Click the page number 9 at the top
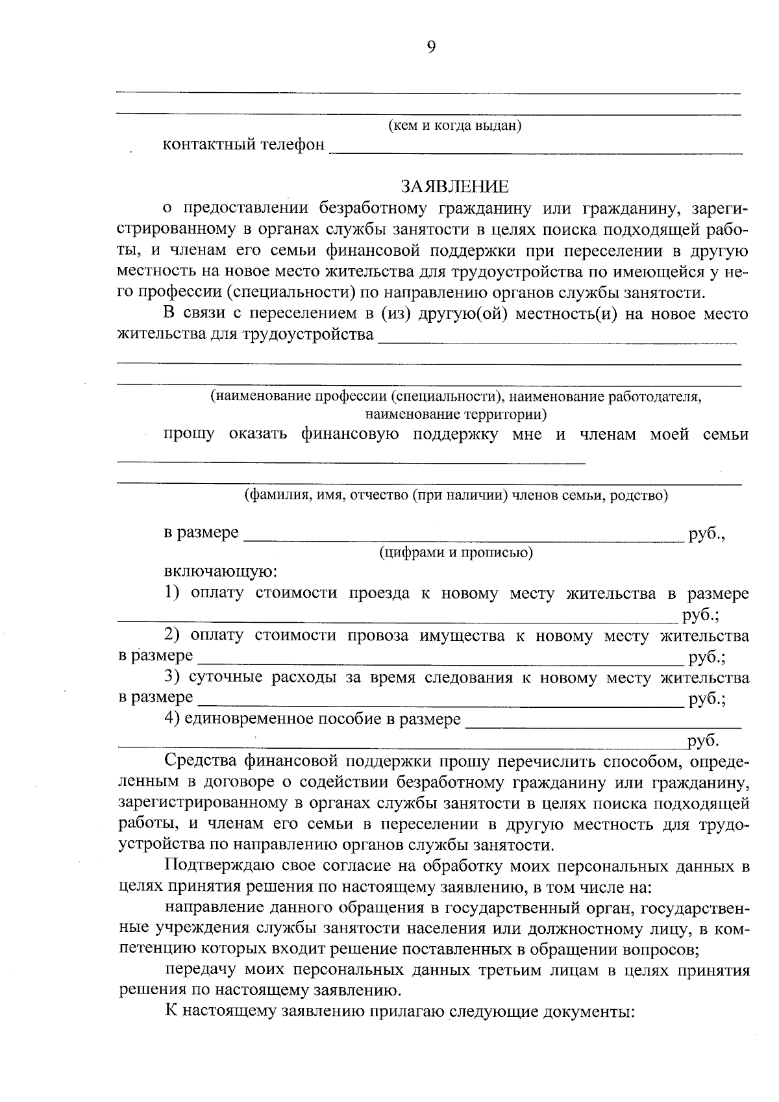[x=432, y=46]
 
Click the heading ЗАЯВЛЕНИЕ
[x=454, y=187]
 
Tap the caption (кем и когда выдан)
[x=454, y=125]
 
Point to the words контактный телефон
[x=243, y=144]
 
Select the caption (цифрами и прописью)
[x=456, y=553]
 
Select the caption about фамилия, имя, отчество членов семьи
[x=456, y=496]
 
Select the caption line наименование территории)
[x=456, y=413]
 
